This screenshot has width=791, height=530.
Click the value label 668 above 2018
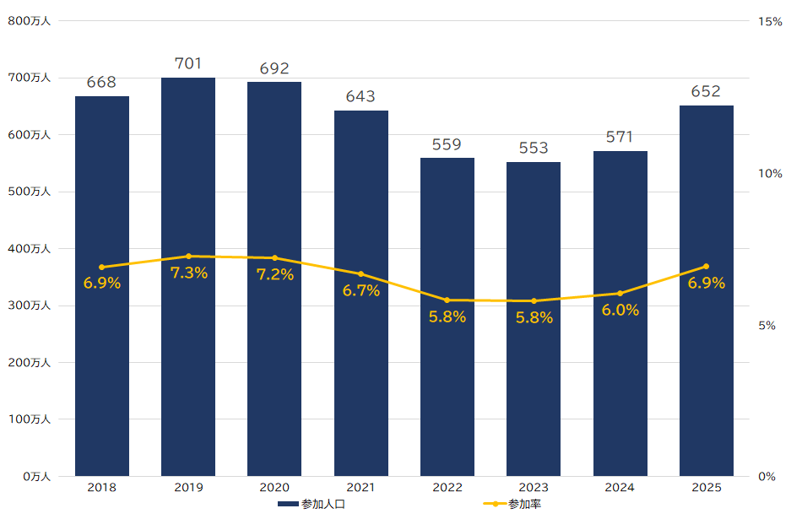(x=101, y=83)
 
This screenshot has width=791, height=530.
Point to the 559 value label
(x=447, y=144)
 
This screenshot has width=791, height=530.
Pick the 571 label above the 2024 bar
(x=620, y=137)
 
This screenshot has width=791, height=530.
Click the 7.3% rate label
(x=188, y=273)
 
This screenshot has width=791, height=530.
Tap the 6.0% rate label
(x=620, y=310)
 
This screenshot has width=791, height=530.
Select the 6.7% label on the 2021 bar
(x=360, y=290)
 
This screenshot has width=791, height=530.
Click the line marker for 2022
(x=447, y=300)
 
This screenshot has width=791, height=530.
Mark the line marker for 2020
(x=274, y=257)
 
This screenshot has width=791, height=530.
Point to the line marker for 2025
(x=707, y=267)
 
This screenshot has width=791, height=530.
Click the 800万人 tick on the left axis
(x=30, y=21)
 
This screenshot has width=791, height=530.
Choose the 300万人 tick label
(x=30, y=306)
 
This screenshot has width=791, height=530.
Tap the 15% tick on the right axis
(x=770, y=21)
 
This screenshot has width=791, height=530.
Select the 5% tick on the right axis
(x=767, y=325)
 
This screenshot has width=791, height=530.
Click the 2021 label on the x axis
(x=360, y=487)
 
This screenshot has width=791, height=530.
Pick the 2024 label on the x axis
(x=620, y=487)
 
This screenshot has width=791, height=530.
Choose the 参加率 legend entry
(x=517, y=504)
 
